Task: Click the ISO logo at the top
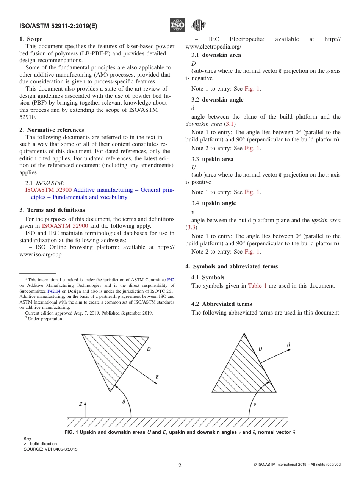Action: pyautogui.click(x=177, y=25)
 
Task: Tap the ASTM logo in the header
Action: pyautogui.click(x=198, y=25)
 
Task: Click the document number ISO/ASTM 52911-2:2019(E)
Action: pyautogui.click(x=58, y=26)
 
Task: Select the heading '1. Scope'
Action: pyautogui.click(x=31, y=39)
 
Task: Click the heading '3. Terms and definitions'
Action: pyautogui.click(x=52, y=210)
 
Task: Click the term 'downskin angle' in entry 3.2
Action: pyautogui.click(x=222, y=100)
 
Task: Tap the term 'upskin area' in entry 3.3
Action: pyautogui.click(x=218, y=159)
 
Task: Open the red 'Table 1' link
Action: pyautogui.click(x=257, y=286)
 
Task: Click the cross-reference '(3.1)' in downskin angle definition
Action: pyautogui.click(x=230, y=124)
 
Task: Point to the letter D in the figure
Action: pyautogui.click(x=149, y=349)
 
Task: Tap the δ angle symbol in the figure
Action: pyautogui.click(x=124, y=402)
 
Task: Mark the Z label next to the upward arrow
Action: pyautogui.click(x=80, y=404)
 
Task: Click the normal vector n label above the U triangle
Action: pyautogui.click(x=288, y=345)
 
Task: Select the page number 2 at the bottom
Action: pyautogui.click(x=180, y=466)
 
